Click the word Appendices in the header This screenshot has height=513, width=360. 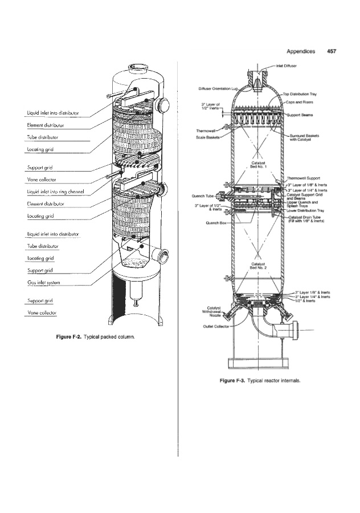click(x=301, y=51)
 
